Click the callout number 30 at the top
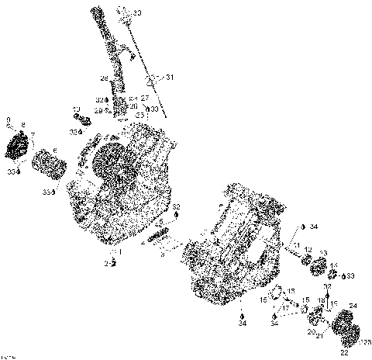pos(137,13)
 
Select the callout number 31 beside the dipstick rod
pos(170,78)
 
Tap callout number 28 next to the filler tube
pos(103,78)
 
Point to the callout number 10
pos(76,109)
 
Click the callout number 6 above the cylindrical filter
pos(54,151)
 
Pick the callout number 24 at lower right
pos(353,306)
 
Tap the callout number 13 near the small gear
pos(323,254)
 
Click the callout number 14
pos(335,266)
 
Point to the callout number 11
pos(296,246)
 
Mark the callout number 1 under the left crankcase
pos(119,252)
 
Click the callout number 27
pos(144,99)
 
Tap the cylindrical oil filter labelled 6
pos(54,166)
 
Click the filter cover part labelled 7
pos(23,145)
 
